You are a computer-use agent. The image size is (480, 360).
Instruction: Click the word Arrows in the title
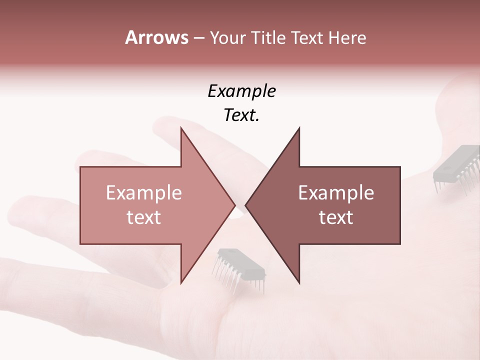[x=156, y=37]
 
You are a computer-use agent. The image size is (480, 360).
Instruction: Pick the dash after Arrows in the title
[x=198, y=38]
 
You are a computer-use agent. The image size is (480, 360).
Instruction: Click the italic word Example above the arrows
[x=241, y=91]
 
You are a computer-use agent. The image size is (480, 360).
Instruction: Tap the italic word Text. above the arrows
[x=241, y=115]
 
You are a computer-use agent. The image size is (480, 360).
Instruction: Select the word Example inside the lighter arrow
[x=144, y=193]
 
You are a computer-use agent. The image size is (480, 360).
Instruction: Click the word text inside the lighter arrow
[x=144, y=217]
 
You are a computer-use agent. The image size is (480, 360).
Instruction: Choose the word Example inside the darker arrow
[x=336, y=193]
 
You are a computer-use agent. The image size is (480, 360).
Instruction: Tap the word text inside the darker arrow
[x=336, y=217]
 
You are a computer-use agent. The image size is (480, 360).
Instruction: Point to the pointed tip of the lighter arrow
[x=235, y=205]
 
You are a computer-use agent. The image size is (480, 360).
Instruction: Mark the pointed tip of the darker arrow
[x=245, y=205]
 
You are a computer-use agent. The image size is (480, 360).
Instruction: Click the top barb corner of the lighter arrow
[x=181, y=128]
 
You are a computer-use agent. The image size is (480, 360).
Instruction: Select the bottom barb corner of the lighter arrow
[x=181, y=283]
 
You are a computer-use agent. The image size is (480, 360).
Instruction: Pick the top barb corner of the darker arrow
[x=299, y=128]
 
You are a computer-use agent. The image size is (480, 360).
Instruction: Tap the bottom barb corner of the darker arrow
[x=299, y=283]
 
